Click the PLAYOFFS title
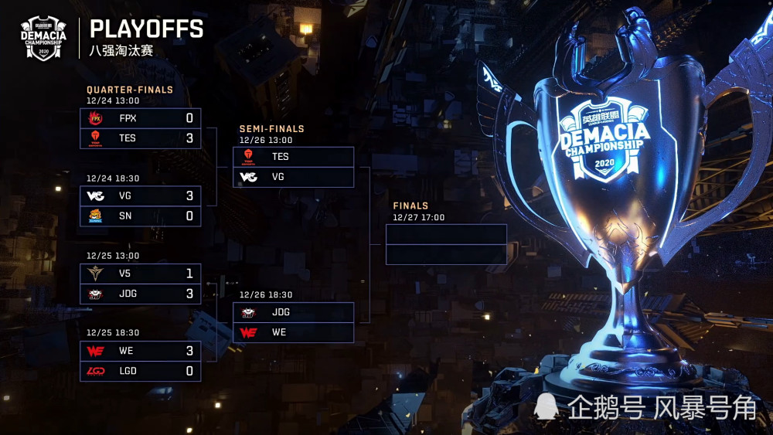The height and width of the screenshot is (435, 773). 146,29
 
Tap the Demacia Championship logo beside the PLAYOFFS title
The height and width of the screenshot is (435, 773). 43,38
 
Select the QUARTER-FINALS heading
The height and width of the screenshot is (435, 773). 130,90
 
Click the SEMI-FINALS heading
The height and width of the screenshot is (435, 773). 271,128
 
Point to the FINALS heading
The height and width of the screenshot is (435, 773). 410,206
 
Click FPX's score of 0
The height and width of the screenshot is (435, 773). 189,118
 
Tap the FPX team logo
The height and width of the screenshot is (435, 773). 95,118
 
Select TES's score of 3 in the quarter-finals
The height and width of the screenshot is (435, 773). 189,138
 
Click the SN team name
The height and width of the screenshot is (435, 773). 125,216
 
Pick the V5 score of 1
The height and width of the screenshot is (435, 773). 189,274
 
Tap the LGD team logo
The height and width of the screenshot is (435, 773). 96,371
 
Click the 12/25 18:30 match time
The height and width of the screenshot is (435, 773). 113,332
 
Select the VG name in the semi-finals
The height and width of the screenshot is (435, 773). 278,177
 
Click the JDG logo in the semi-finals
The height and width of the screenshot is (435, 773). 248,312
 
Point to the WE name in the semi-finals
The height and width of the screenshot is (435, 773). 279,332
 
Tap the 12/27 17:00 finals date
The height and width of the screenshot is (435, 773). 418,217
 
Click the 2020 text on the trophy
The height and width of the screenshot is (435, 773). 604,163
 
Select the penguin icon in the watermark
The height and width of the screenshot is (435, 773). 547,406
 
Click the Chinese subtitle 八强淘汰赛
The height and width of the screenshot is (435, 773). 121,51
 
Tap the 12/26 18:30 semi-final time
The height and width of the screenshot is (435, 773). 266,294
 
